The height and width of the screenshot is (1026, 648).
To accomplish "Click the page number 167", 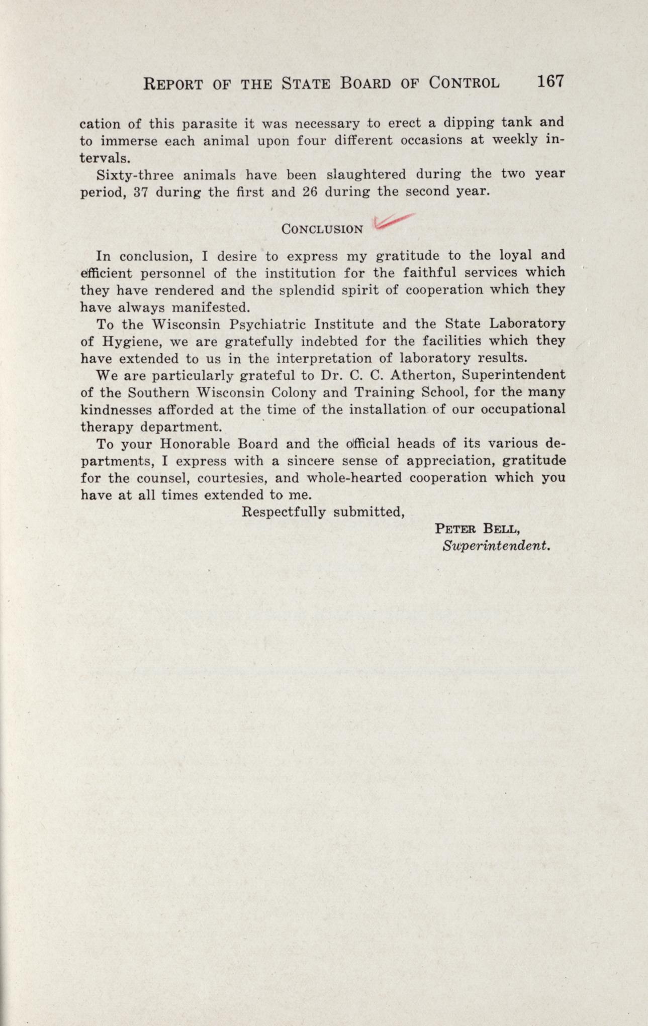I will (x=550, y=81).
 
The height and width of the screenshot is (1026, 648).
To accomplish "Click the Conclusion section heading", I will (x=322, y=230).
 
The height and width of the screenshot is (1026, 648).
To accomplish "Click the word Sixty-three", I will (x=134, y=175).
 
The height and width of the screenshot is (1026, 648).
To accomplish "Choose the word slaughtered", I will (x=366, y=175).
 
